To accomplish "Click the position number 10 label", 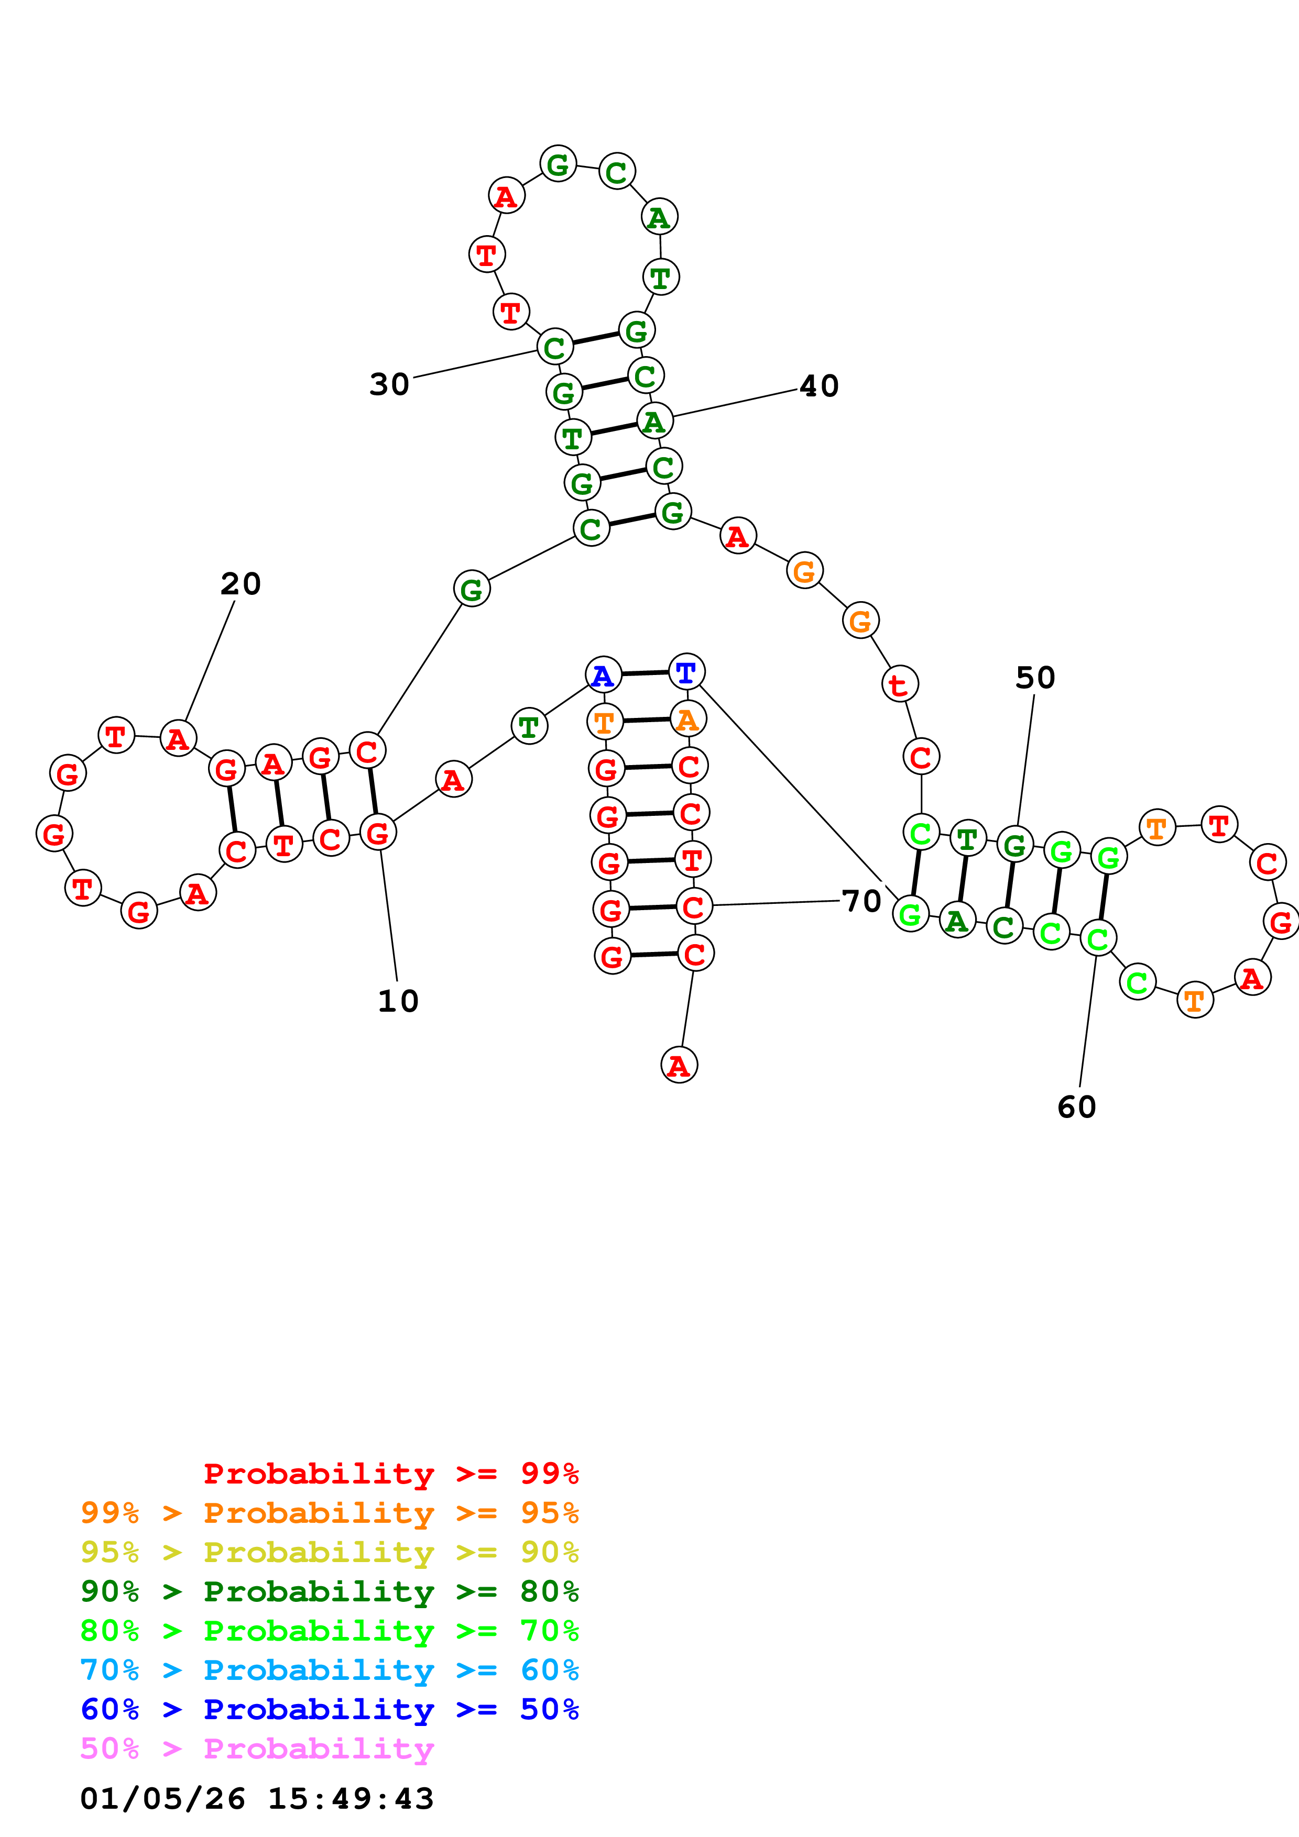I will (398, 1001).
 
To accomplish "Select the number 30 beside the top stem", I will (389, 385).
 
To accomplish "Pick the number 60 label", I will (1076, 1108).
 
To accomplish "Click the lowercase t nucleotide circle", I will (900, 684).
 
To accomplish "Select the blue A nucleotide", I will (604, 676).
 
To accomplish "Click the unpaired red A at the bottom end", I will (679, 1065).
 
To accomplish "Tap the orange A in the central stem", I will (687, 720).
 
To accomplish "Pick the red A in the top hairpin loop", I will (506, 196).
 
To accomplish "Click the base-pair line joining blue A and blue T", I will (645, 673).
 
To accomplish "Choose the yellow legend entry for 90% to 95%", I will (329, 1552).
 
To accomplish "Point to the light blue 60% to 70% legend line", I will (329, 1670).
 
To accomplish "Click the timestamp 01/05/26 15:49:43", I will (257, 1799).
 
